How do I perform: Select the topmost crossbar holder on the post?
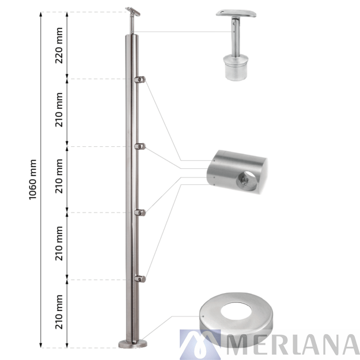coord(141,79)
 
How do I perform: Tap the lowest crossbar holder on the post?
coord(140,279)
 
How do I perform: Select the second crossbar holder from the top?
coord(141,146)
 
